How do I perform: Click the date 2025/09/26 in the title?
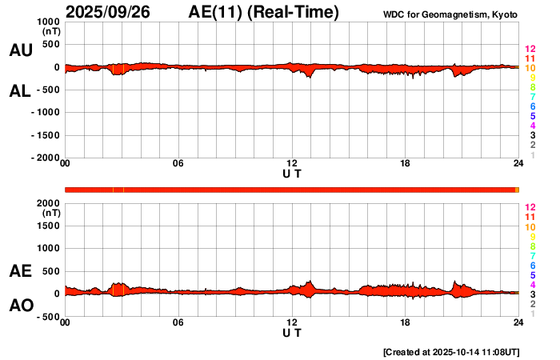click(x=111, y=12)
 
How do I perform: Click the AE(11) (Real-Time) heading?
click(x=264, y=12)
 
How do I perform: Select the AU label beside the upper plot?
click(x=20, y=50)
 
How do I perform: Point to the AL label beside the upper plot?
click(x=20, y=91)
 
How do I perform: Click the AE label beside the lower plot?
click(x=20, y=272)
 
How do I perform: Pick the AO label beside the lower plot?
click(x=20, y=306)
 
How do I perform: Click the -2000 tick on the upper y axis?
click(x=44, y=158)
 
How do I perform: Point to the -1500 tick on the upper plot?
click(x=44, y=135)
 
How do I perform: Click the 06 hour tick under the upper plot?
click(x=178, y=164)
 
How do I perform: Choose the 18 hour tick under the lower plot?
click(x=405, y=322)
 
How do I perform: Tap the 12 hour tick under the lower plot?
click(x=292, y=322)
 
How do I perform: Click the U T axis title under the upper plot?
click(x=292, y=174)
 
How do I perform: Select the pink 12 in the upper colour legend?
click(x=530, y=49)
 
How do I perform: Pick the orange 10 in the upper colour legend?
click(x=530, y=68)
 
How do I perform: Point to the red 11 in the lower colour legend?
click(x=530, y=217)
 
